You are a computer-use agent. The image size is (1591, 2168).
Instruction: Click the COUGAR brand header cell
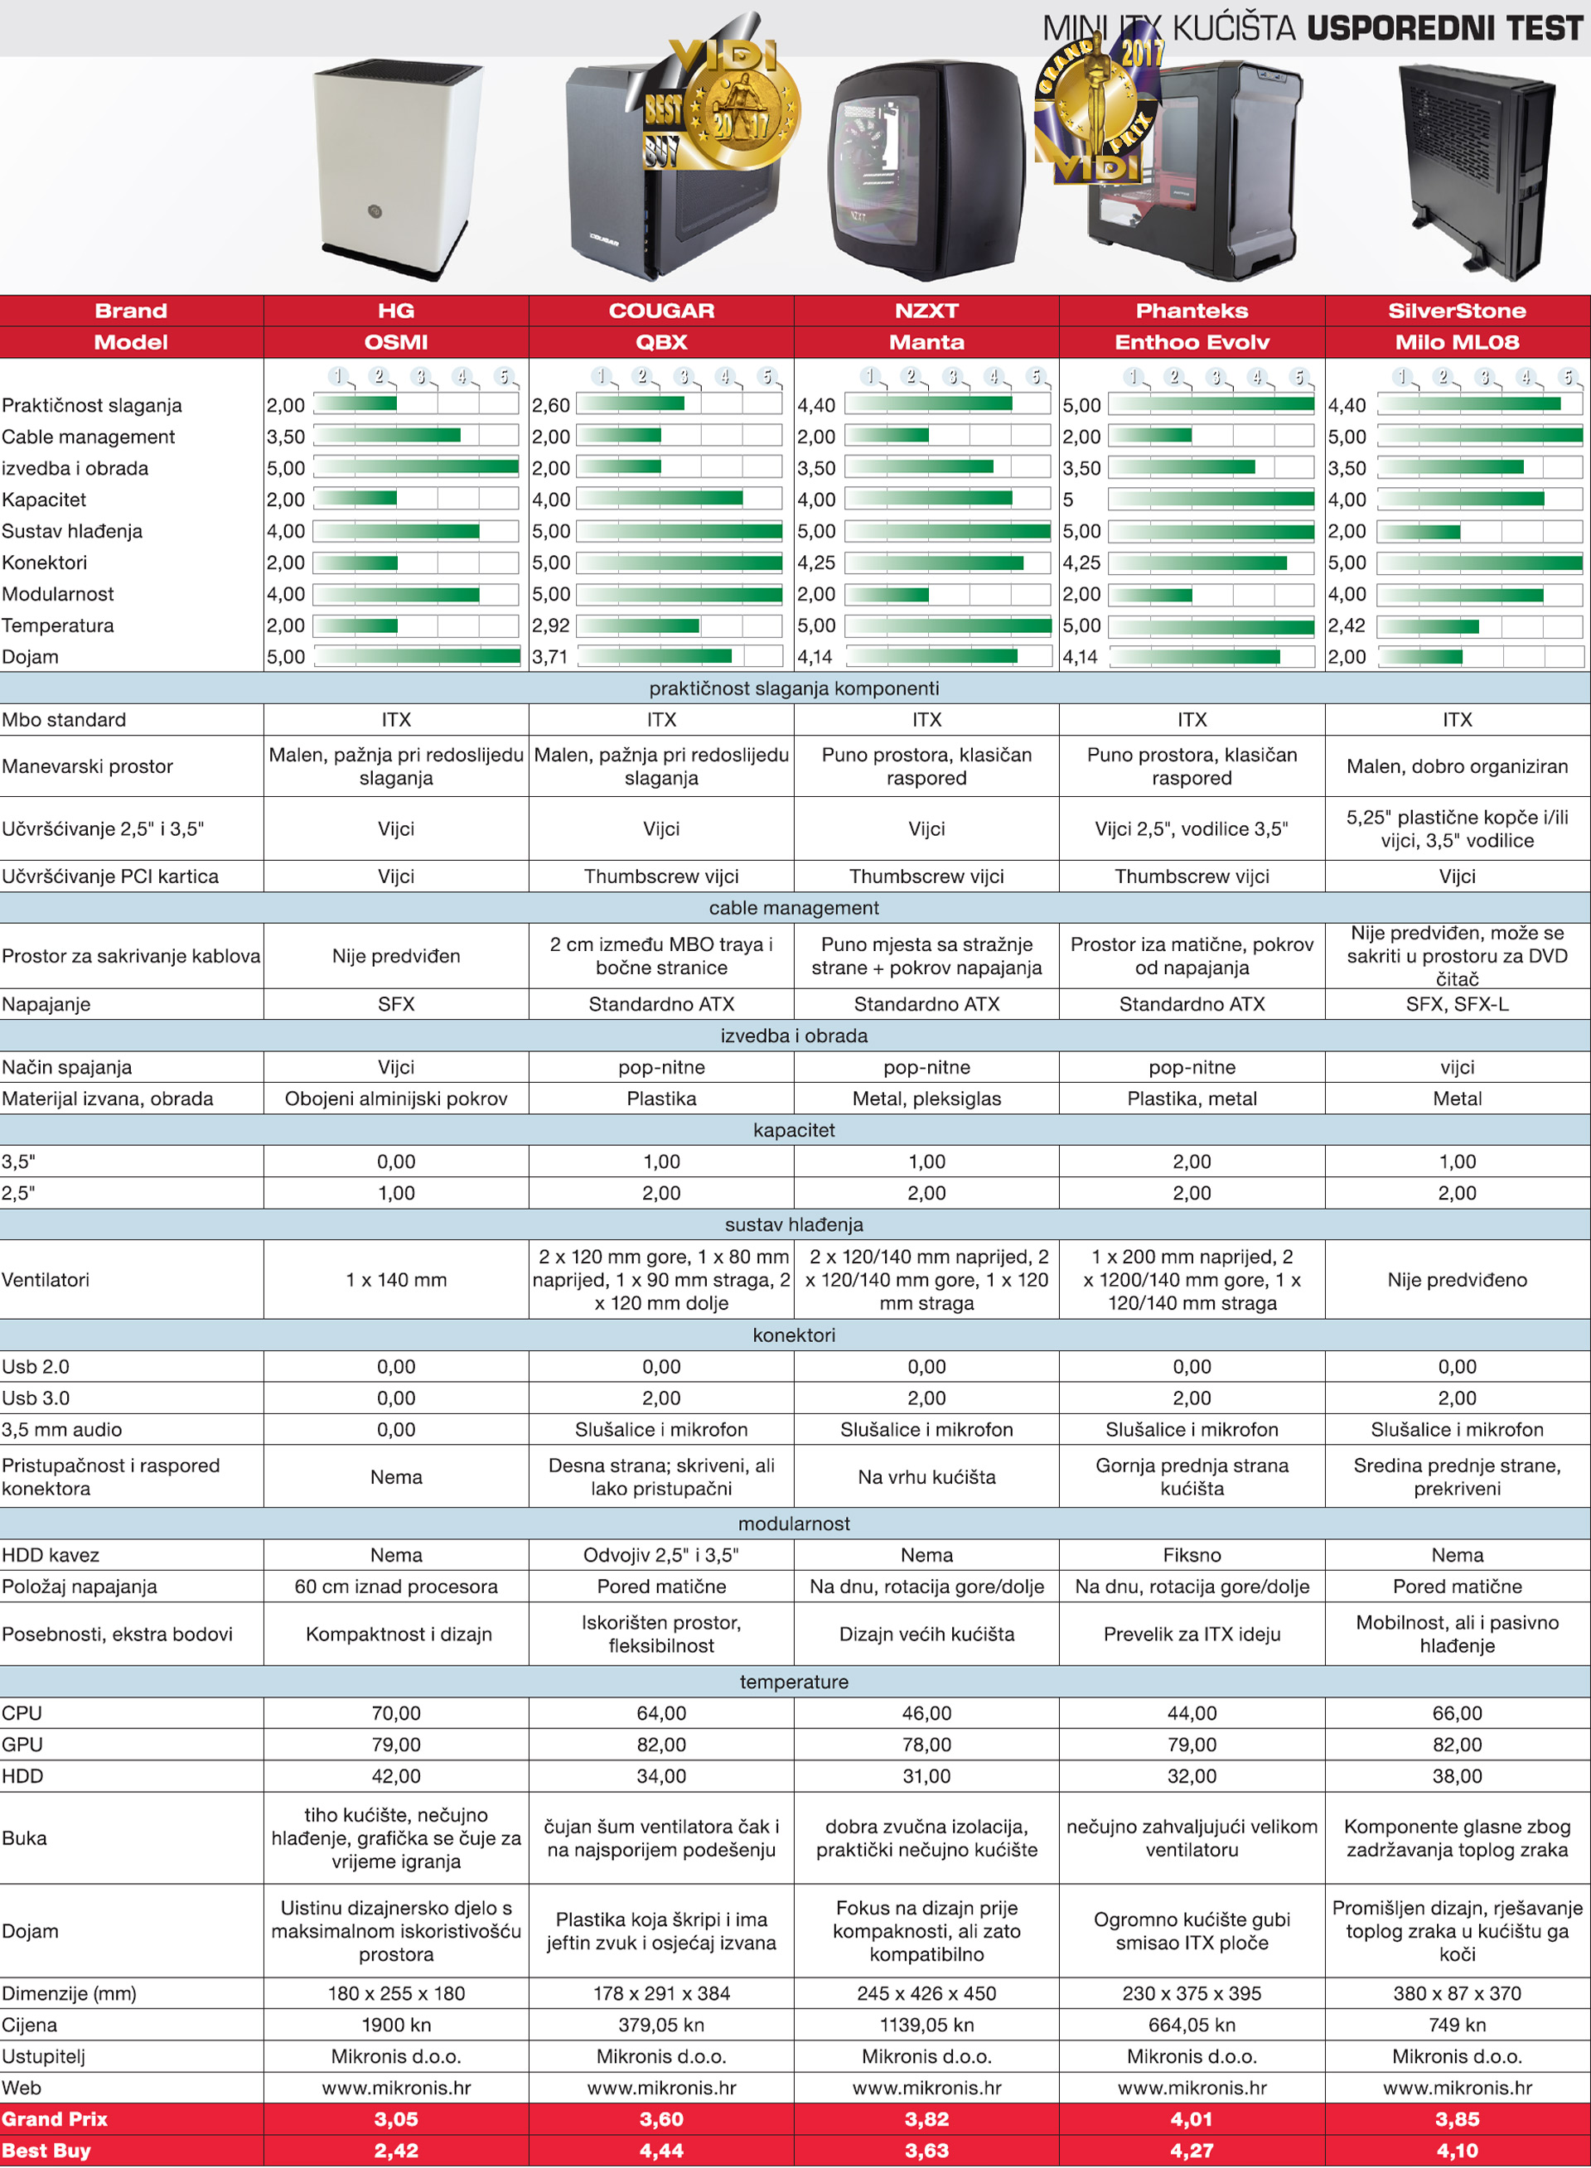click(660, 311)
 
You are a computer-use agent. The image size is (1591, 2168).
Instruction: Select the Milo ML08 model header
click(1456, 343)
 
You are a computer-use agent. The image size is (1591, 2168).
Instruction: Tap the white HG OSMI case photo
click(397, 168)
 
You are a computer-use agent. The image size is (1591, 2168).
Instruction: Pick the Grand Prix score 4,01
click(1192, 2119)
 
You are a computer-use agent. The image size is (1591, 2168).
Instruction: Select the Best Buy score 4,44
click(660, 2151)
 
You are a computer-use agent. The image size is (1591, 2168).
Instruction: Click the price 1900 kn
click(396, 2025)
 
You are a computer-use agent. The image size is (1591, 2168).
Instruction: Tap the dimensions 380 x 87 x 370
click(1456, 1993)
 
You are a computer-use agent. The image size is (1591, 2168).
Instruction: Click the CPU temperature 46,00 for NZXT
click(926, 1712)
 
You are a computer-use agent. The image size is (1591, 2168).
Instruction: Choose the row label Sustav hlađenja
click(72, 531)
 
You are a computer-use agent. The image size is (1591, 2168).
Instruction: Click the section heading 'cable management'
click(794, 908)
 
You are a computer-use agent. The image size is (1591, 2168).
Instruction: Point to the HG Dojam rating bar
click(416, 657)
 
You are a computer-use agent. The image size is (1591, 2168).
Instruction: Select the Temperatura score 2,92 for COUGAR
click(550, 625)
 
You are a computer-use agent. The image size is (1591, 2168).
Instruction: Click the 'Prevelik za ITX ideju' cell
click(1192, 1634)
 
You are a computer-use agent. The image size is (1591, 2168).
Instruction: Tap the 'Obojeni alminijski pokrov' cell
click(396, 1098)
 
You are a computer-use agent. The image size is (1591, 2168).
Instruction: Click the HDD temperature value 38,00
click(1456, 1775)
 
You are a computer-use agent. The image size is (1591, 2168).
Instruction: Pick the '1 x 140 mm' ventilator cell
click(396, 1279)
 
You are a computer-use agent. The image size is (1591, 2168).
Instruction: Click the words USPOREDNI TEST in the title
click(1444, 29)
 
